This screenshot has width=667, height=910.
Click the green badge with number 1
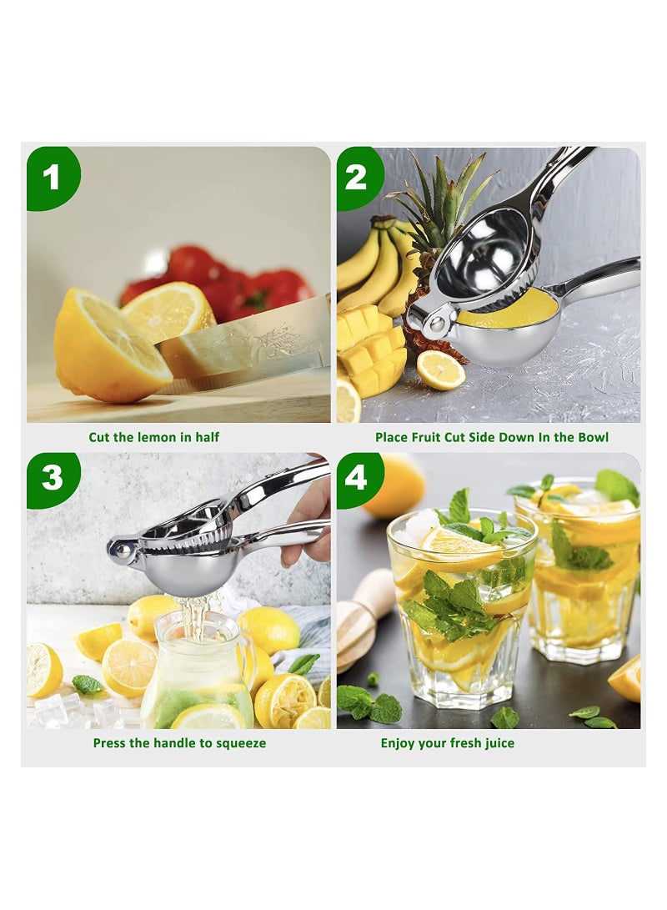tap(52, 177)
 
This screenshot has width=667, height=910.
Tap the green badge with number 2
tap(358, 177)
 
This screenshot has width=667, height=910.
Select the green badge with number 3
tap(52, 478)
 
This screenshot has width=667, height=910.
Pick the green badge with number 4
tap(358, 478)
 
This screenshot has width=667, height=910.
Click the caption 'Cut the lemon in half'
tap(154, 437)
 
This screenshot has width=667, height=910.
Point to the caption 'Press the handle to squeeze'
tap(179, 742)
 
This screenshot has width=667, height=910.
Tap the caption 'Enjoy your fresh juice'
tap(448, 742)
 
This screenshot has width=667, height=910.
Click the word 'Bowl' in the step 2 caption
tap(593, 437)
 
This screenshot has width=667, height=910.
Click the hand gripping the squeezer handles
tap(309, 517)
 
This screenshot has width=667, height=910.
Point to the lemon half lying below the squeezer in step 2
tap(439, 370)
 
